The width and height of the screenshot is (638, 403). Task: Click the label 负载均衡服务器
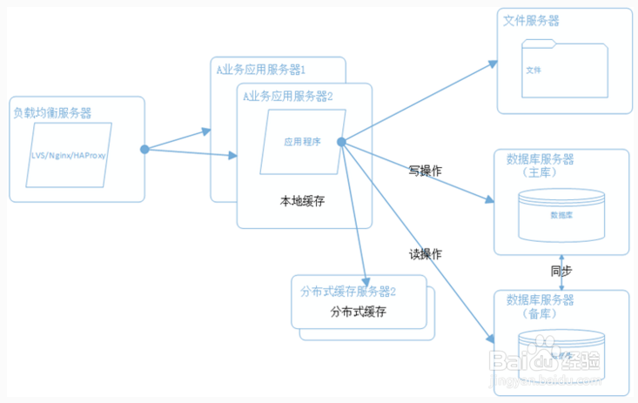click(x=52, y=112)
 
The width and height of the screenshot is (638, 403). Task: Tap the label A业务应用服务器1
click(x=260, y=68)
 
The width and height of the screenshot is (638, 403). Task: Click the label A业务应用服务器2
click(x=288, y=96)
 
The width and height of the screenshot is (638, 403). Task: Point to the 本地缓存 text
click(x=301, y=200)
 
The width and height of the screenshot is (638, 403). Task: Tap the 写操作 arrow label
click(x=425, y=171)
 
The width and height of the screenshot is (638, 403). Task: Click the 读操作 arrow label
click(x=425, y=254)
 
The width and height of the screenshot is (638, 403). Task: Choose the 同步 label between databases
click(x=561, y=271)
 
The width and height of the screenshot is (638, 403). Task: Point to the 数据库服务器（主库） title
click(x=540, y=165)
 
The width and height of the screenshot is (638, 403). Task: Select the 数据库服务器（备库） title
click(x=540, y=306)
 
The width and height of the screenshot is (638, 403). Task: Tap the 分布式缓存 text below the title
click(x=358, y=311)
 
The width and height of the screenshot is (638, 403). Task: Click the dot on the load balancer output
click(x=144, y=149)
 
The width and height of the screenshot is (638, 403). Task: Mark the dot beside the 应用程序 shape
click(x=341, y=142)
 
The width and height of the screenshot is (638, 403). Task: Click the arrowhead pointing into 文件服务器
click(x=492, y=64)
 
